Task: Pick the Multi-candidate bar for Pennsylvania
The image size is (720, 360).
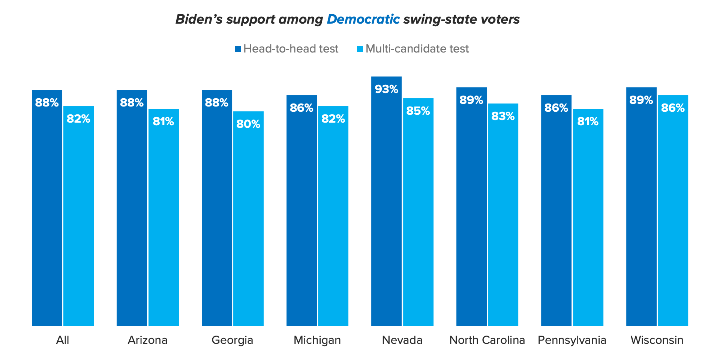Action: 588,217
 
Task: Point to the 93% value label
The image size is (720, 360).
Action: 386,89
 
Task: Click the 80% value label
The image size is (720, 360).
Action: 248,124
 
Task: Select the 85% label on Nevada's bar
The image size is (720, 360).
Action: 418,111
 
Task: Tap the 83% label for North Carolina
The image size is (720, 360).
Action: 503,116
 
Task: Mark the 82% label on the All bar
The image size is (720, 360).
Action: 78,119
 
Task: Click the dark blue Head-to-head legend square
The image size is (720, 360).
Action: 238,49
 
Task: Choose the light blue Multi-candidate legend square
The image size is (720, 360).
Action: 360,49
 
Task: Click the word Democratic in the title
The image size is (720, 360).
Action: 363,19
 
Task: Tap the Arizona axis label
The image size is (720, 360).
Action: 147,340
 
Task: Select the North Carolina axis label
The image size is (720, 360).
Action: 487,340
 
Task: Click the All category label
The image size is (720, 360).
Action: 63,340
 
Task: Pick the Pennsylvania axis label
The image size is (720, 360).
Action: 572,340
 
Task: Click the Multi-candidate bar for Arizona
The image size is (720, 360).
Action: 163,217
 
